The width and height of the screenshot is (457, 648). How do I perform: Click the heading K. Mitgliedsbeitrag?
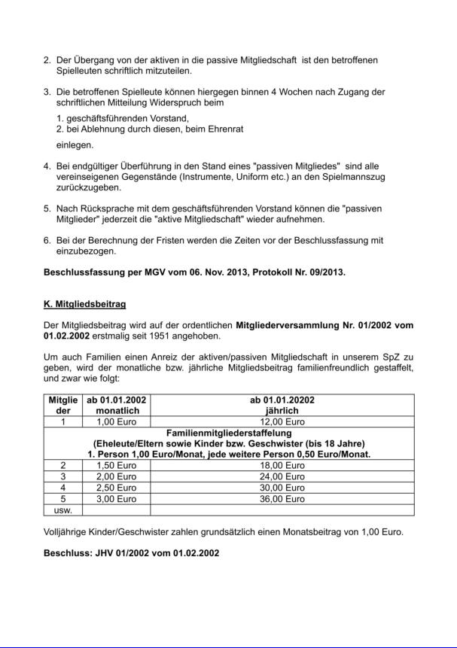click(x=84, y=304)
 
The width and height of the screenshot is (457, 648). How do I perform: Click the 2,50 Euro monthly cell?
click(x=116, y=487)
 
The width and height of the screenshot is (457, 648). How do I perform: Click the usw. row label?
click(x=63, y=510)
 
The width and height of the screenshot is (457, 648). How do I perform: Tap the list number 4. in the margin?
click(x=47, y=166)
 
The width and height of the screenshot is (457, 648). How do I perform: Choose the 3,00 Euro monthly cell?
click(x=116, y=498)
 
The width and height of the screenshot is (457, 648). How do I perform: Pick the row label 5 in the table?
click(x=63, y=498)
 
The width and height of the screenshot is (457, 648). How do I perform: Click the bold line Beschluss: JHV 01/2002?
click(x=132, y=553)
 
